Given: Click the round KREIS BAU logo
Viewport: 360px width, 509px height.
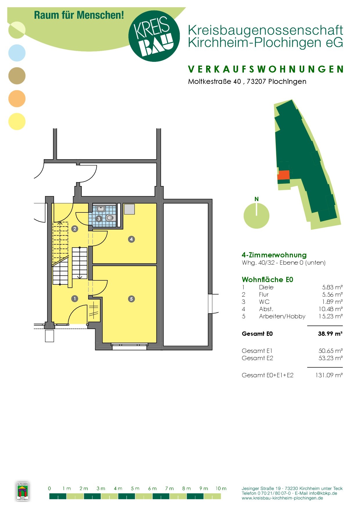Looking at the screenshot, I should [x=154, y=36].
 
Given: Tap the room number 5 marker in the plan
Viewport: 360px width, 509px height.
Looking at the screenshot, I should [x=131, y=299].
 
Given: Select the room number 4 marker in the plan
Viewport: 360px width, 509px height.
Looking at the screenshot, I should [x=131, y=239].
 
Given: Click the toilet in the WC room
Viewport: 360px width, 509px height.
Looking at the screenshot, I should [x=110, y=218].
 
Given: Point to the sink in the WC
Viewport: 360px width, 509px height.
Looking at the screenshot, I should [x=101, y=209].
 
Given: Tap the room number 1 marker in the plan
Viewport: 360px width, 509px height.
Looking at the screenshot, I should [x=75, y=298].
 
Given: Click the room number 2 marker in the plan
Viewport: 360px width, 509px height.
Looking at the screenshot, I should [x=75, y=229].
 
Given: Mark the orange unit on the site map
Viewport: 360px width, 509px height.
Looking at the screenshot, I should [x=284, y=175].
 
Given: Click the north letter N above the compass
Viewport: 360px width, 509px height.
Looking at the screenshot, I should [x=256, y=199].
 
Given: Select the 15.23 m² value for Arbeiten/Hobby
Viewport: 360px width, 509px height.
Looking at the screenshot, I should [x=330, y=316].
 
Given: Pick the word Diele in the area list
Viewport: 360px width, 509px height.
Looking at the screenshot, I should [x=266, y=287].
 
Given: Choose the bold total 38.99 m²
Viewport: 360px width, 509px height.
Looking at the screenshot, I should [x=330, y=334].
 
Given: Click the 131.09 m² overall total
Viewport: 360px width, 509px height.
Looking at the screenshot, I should [x=329, y=375].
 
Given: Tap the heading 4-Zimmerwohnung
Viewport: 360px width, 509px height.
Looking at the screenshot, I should [x=274, y=255].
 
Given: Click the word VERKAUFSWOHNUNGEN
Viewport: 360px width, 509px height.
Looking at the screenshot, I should [x=266, y=69].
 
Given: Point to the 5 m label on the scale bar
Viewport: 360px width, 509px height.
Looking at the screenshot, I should [x=135, y=488].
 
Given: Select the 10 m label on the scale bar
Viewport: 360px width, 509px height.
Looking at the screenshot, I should [x=221, y=488].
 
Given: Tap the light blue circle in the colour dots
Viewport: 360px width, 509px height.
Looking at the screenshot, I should [x=17, y=53].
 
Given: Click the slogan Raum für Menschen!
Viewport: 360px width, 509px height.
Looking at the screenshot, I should [x=79, y=15].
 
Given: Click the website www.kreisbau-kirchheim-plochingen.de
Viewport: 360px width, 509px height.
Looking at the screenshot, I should [x=282, y=498].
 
